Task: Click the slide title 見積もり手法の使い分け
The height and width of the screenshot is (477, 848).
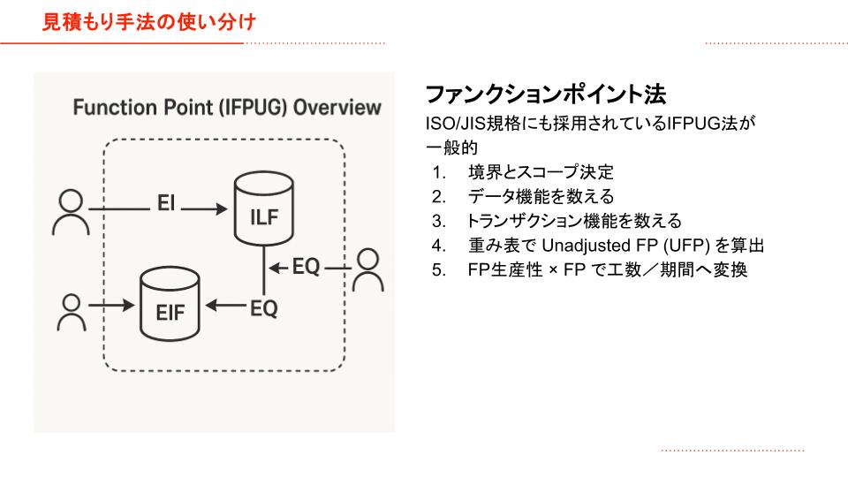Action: click(148, 22)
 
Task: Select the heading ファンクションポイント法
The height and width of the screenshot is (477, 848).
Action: click(545, 95)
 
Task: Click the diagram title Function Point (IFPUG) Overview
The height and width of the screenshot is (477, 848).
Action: click(227, 107)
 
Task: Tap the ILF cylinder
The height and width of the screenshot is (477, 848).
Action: click(264, 208)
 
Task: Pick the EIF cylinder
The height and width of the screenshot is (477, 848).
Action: click(170, 304)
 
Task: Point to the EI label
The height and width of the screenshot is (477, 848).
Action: click(166, 203)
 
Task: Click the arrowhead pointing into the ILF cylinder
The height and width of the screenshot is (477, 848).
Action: click(222, 208)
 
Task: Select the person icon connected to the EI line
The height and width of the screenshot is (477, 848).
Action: click(71, 212)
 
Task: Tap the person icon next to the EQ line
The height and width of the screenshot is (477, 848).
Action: click(368, 270)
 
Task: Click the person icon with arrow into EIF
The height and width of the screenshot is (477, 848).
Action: click(72, 313)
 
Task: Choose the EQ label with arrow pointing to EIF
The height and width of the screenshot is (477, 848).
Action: click(264, 309)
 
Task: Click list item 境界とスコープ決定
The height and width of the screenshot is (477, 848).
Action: click(541, 172)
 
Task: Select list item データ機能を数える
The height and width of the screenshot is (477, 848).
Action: click(541, 196)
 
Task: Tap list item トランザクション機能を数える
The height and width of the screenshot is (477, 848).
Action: click(574, 221)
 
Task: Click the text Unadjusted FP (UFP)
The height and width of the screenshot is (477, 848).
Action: click(625, 246)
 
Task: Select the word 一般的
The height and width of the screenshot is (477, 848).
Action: click(452, 148)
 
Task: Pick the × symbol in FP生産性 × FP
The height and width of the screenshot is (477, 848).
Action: click(553, 270)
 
